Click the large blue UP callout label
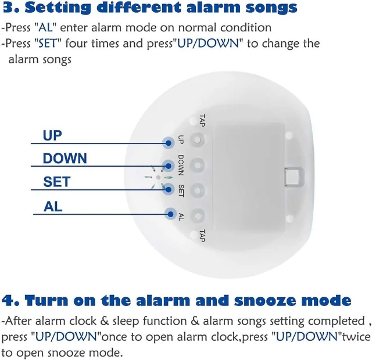click(52, 135)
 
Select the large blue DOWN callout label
click(65, 159)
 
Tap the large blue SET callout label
click(57, 182)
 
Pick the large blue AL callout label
click(53, 207)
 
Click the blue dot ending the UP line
click(169, 143)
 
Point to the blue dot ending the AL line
click(170, 214)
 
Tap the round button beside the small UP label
click(198, 140)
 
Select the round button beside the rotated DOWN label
click(198, 165)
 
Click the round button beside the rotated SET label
click(198, 190)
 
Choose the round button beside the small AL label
click(198, 215)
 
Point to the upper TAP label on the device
click(202, 120)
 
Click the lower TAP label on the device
click(202, 236)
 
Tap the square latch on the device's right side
click(294, 177)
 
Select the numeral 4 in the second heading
click(8, 300)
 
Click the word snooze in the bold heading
click(264, 300)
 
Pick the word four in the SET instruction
click(76, 44)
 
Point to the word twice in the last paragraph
click(355, 337)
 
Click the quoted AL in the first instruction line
click(45, 27)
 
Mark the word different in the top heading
click(139, 8)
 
